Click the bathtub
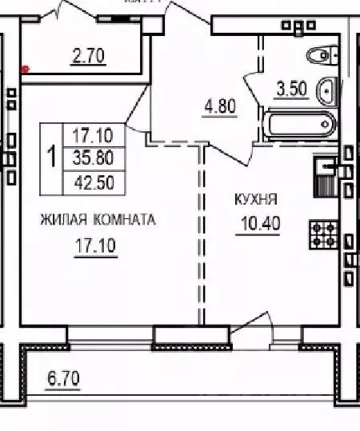click(300, 124)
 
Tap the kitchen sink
click(326, 167)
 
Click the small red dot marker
click(25, 69)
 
